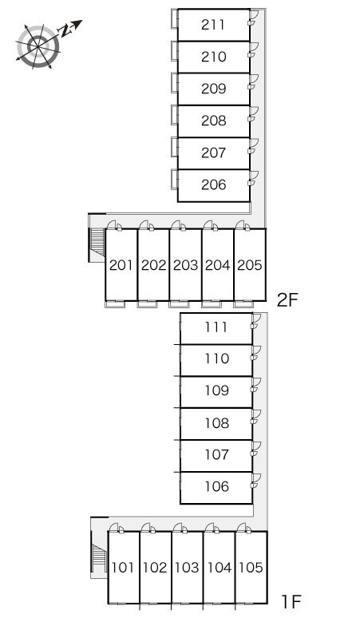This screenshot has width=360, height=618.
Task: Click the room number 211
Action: (213, 25)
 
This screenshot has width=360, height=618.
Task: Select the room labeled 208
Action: (213, 121)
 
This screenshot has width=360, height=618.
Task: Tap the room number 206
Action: (213, 184)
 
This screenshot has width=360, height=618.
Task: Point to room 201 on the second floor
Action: (121, 265)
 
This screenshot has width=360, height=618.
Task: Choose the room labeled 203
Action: (185, 265)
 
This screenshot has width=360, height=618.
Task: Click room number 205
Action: (250, 265)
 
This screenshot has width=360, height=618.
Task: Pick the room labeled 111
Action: (216, 327)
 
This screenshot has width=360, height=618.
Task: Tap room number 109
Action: (216, 390)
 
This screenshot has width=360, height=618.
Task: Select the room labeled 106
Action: (216, 486)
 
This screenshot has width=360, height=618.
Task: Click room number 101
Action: (123, 568)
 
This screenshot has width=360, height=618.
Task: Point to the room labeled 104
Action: (219, 568)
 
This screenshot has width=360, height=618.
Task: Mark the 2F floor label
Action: (287, 300)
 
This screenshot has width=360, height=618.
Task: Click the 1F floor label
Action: (291, 602)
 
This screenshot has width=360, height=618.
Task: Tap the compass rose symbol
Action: (38, 46)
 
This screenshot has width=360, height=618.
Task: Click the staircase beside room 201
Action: (97, 243)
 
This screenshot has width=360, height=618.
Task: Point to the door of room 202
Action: (146, 225)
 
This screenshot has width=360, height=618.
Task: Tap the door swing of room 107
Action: (255, 449)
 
